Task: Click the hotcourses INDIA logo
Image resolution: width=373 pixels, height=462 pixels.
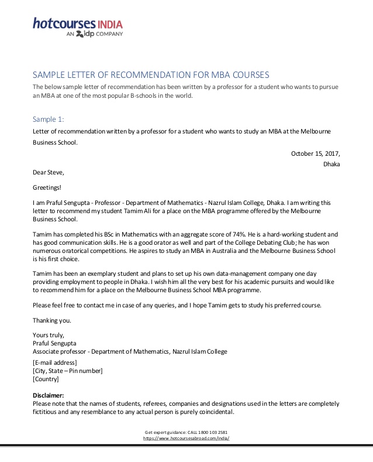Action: (x=77, y=24)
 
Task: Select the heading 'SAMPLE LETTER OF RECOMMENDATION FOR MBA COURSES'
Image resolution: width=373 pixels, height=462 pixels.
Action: (x=151, y=75)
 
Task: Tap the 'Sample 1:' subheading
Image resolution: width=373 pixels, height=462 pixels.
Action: (x=49, y=119)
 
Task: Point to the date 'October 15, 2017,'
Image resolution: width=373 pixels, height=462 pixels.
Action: (x=315, y=153)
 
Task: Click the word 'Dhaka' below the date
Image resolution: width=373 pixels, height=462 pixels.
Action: (x=331, y=164)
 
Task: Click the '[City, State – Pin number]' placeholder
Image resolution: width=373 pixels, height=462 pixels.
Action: (x=68, y=371)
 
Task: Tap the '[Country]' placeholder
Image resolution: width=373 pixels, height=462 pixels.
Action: (x=46, y=379)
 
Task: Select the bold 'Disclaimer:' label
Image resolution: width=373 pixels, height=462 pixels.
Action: (x=49, y=395)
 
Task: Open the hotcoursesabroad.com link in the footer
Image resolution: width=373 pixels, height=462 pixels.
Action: (x=186, y=438)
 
